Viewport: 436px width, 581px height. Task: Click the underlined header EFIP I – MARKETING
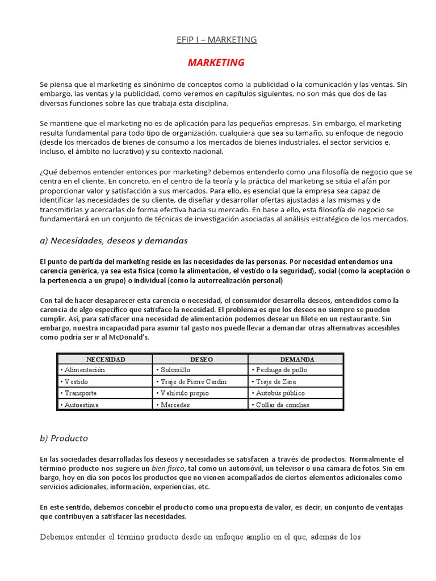click(217, 40)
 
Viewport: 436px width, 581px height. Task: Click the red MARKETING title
click(216, 62)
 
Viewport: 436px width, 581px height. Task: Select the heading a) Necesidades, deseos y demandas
click(114, 241)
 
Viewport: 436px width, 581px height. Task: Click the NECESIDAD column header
click(105, 360)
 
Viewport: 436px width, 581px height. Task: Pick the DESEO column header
click(201, 360)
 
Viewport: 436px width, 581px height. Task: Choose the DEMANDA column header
click(296, 360)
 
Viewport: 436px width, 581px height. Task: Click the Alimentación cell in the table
click(84, 370)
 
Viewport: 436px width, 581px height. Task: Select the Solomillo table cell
click(171, 370)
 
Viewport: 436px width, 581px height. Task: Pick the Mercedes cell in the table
click(173, 405)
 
